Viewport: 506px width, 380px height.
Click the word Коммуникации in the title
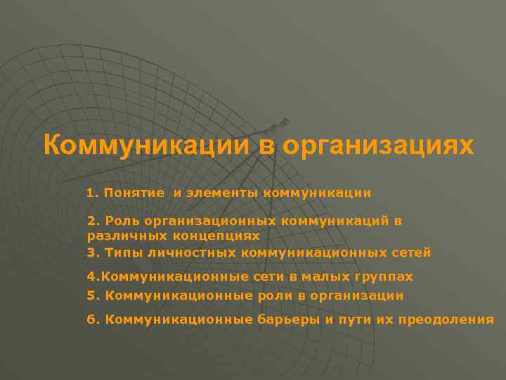(145, 146)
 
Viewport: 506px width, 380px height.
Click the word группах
(387, 277)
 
